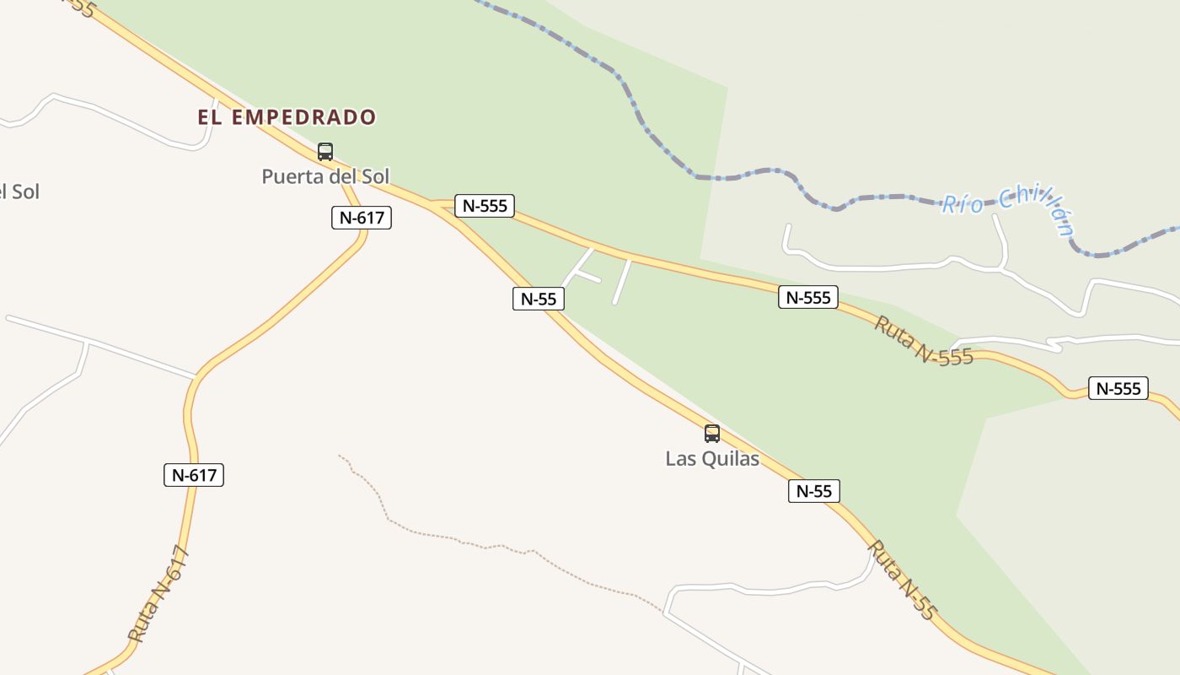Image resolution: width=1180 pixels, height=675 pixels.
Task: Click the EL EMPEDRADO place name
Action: [x=287, y=117]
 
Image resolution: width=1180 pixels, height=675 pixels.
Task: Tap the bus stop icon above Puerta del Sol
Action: [x=325, y=152]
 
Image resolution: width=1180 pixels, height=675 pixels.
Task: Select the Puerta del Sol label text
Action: [x=325, y=177]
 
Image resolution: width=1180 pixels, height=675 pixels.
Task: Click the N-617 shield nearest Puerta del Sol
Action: [x=362, y=218]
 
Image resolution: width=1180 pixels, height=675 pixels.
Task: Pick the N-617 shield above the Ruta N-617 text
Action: [x=194, y=475]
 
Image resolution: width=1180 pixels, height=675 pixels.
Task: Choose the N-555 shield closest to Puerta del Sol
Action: [x=485, y=206]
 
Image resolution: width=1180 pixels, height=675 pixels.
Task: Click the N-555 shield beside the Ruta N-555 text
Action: [x=808, y=297]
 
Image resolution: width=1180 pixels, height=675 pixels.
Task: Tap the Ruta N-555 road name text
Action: [x=924, y=341]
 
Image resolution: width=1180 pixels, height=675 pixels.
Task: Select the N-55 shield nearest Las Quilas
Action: [x=814, y=491]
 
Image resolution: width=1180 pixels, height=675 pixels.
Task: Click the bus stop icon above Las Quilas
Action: [x=712, y=434]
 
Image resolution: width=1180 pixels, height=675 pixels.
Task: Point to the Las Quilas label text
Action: [x=712, y=459]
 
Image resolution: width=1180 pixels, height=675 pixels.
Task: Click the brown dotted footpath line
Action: [x=472, y=541]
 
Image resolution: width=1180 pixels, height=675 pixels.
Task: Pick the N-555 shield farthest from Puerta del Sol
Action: [x=1118, y=388]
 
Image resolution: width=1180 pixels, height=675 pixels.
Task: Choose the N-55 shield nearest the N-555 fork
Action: [x=539, y=299]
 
